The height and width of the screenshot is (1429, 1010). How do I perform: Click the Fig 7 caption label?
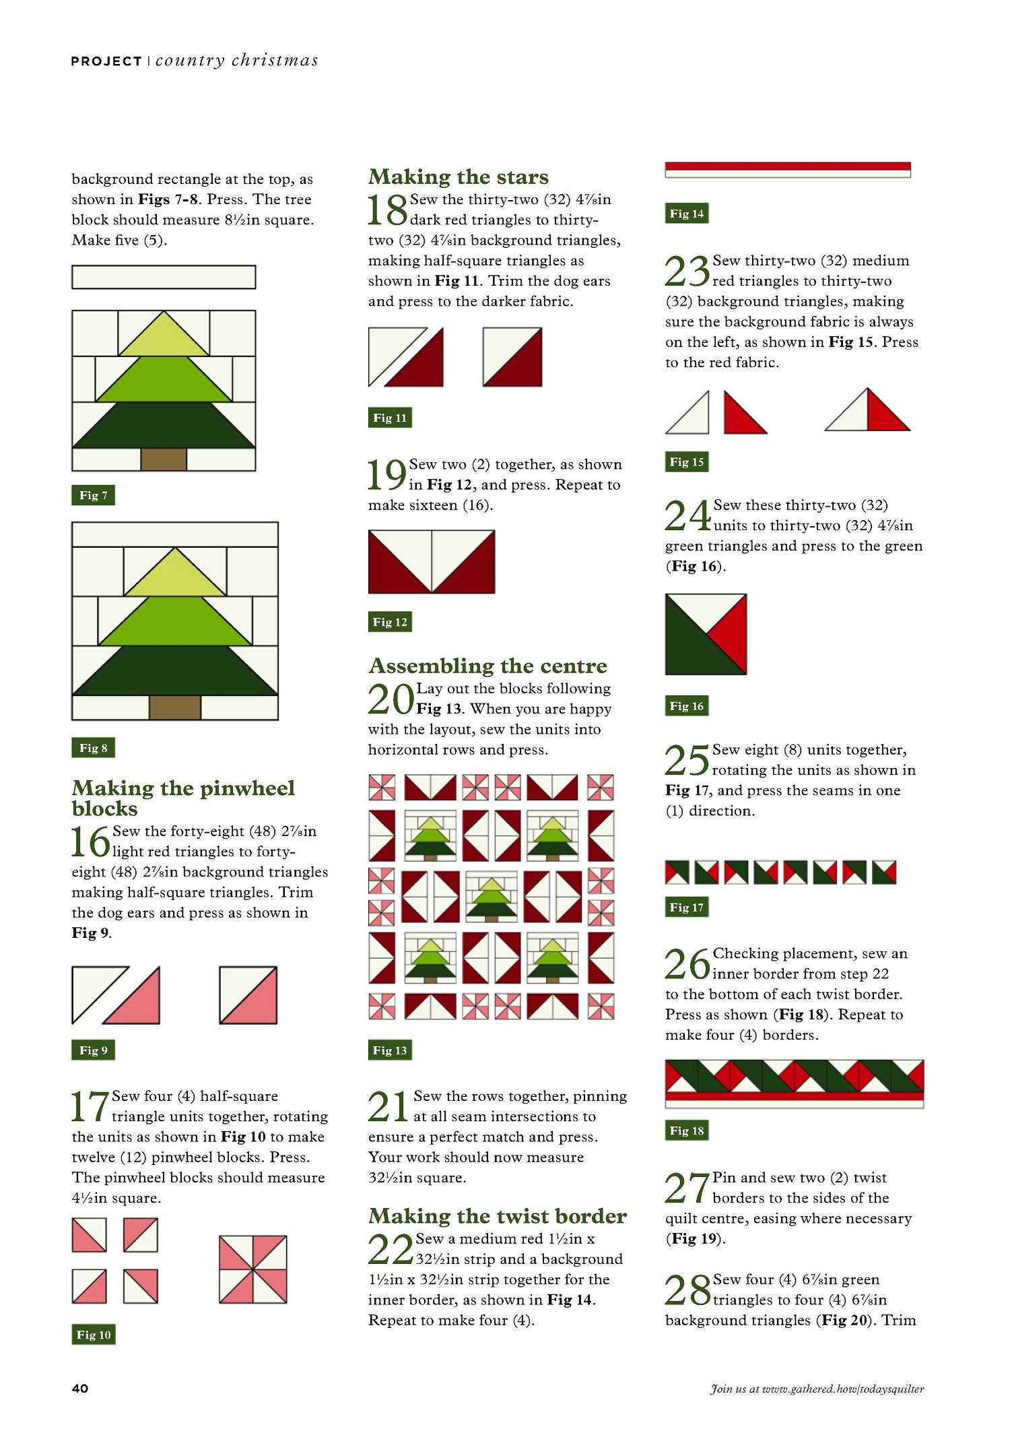pyautogui.click(x=93, y=495)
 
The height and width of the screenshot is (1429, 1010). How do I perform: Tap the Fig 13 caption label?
pyautogui.click(x=390, y=1050)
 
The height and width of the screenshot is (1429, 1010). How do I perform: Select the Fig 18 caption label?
pyautogui.click(x=687, y=1130)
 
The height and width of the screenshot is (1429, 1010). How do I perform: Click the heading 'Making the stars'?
pyautogui.click(x=459, y=177)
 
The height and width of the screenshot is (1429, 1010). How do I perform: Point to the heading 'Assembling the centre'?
pyautogui.click(x=487, y=666)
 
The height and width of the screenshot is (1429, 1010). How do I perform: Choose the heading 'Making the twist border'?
pyautogui.click(x=498, y=1215)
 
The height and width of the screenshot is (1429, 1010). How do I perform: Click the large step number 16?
pyautogui.click(x=91, y=842)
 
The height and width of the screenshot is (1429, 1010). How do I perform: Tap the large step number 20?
pyautogui.click(x=391, y=699)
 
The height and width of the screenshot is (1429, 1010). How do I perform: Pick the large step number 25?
pyautogui.click(x=687, y=761)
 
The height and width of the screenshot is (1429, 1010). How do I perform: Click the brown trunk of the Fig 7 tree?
pyautogui.click(x=164, y=459)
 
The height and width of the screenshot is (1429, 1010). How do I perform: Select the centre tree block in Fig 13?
pyautogui.click(x=492, y=897)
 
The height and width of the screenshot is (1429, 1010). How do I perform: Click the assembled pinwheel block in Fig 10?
pyautogui.click(x=253, y=1269)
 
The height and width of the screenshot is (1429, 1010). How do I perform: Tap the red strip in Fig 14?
pyautogui.click(x=788, y=166)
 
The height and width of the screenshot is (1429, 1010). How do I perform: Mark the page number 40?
pyautogui.click(x=80, y=1389)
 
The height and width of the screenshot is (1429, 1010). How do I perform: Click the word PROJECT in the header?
pyautogui.click(x=106, y=61)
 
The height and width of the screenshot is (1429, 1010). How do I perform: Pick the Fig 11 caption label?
pyautogui.click(x=390, y=418)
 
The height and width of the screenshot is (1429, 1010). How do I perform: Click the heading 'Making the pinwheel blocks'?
pyautogui.click(x=183, y=798)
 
